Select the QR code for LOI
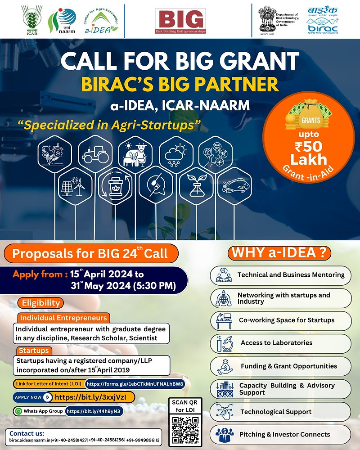(185, 429)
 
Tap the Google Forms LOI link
(135, 384)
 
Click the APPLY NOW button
(32, 397)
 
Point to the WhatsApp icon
(18, 411)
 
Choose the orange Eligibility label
(40, 303)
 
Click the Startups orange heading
(34, 350)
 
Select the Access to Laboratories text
(276, 343)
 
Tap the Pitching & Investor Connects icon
(224, 435)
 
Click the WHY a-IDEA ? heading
(279, 253)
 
